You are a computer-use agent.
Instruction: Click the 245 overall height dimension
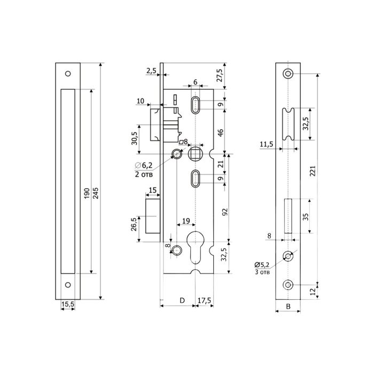pos(96,193)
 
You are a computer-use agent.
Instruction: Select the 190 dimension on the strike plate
pos(87,193)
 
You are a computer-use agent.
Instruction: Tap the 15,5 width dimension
pos(68,304)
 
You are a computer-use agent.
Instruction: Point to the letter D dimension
pos(182,300)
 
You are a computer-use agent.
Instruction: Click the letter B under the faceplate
pos(288,307)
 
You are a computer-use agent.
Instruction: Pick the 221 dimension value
pos(313,171)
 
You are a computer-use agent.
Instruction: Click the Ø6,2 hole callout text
pos(144,165)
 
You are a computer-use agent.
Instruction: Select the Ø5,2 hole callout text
pos(262,265)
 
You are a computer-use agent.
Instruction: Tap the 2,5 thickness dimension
pos(151,71)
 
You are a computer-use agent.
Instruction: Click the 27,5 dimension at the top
pos(220,75)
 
